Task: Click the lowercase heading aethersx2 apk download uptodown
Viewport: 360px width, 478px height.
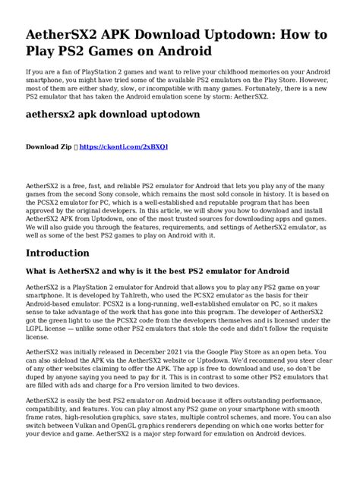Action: click(x=113, y=115)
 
